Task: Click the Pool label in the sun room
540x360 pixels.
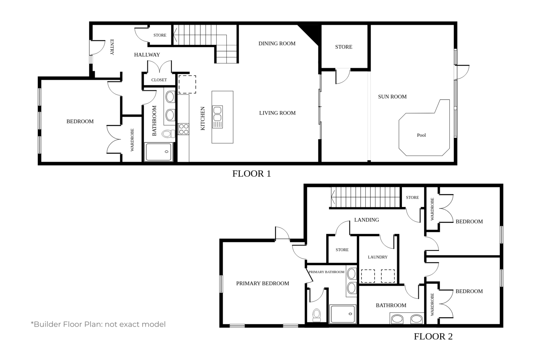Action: tap(421, 135)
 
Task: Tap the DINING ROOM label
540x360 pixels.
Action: tap(277, 44)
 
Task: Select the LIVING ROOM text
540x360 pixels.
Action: tap(277, 113)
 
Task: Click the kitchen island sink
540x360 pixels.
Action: tap(217, 117)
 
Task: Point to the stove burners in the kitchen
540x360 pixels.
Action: tap(184, 129)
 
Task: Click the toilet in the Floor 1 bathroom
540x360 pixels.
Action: tap(169, 134)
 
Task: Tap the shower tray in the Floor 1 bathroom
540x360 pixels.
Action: tap(159, 152)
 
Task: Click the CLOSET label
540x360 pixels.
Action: tap(159, 80)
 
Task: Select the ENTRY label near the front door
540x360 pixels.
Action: tap(112, 47)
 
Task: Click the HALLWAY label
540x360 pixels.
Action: tap(147, 55)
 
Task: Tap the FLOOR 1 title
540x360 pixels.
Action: tap(252, 174)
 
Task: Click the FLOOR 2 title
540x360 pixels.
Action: tap(433, 336)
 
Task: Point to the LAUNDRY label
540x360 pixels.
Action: tap(378, 257)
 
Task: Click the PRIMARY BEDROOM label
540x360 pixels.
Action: tap(263, 284)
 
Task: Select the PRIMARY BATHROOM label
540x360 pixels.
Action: tap(326, 272)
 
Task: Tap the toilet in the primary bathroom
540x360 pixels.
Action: tap(317, 315)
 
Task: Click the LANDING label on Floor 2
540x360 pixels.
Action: tap(367, 220)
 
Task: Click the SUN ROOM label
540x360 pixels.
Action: tap(392, 97)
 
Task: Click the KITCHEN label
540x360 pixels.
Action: tap(203, 119)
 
